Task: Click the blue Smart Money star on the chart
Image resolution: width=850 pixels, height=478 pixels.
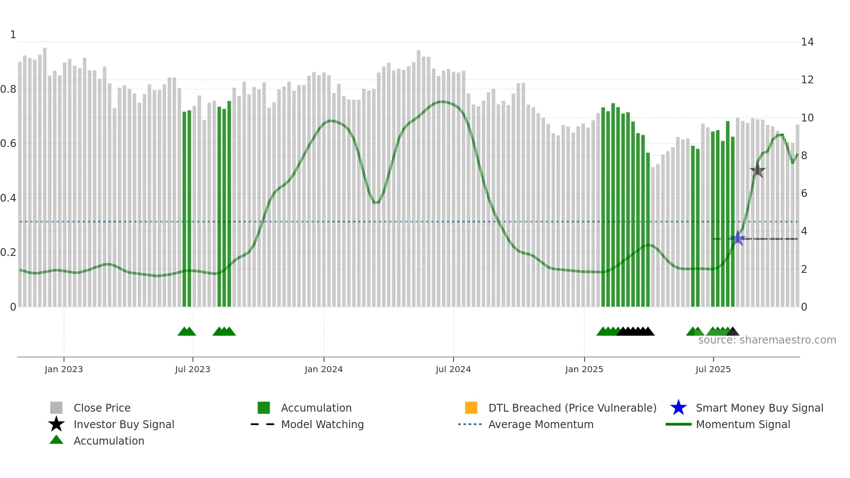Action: pyautogui.click(x=738, y=238)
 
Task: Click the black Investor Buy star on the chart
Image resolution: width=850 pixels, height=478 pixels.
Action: pyautogui.click(x=758, y=170)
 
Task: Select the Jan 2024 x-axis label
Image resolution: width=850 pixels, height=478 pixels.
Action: pyautogui.click(x=324, y=369)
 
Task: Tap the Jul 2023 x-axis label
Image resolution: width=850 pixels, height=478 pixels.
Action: pyautogui.click(x=193, y=369)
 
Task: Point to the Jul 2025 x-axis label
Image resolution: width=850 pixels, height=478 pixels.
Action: pyautogui.click(x=713, y=369)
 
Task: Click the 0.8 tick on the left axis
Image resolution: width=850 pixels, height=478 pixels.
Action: pyautogui.click(x=9, y=89)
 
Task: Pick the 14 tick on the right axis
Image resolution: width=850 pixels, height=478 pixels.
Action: pyautogui.click(x=807, y=42)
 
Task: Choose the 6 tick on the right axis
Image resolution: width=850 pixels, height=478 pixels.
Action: pyautogui.click(x=804, y=193)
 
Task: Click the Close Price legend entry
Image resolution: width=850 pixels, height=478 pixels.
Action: pyautogui.click(x=102, y=408)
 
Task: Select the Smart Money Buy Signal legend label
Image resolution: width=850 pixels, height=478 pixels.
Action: pyautogui.click(x=759, y=408)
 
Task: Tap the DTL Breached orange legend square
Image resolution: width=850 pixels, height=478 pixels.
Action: pyautogui.click(x=471, y=408)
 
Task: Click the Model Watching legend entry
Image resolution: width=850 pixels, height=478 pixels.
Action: pyautogui.click(x=322, y=424)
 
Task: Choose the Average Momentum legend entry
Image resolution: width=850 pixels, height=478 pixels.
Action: pyautogui.click(x=541, y=424)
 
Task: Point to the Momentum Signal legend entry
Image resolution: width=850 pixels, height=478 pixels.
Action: pyautogui.click(x=743, y=424)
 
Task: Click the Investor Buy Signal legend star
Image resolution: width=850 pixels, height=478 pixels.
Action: pyautogui.click(x=56, y=424)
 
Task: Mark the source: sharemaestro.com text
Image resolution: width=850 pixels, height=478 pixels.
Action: pyautogui.click(x=767, y=340)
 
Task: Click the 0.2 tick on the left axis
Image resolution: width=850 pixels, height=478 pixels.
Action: pyautogui.click(x=9, y=252)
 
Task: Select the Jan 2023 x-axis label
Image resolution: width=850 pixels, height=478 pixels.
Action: pyautogui.click(x=64, y=369)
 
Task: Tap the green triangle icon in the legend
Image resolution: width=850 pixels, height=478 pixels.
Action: pyautogui.click(x=56, y=440)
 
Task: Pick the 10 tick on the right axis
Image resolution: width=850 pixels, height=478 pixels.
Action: pyautogui.click(x=807, y=118)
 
